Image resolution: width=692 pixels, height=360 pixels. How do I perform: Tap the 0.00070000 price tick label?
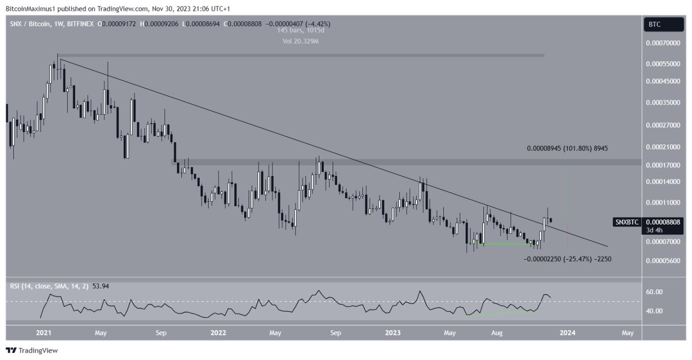tap(663, 44)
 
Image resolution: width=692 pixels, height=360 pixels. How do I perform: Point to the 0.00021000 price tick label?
tap(663, 147)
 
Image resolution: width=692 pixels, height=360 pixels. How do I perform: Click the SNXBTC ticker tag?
tap(627, 223)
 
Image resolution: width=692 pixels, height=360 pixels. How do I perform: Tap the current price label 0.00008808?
tap(663, 223)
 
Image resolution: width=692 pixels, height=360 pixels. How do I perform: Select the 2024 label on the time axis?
tap(567, 333)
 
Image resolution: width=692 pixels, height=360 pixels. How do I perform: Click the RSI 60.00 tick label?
tap(655, 292)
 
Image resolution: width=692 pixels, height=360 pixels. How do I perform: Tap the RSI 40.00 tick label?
tap(655, 311)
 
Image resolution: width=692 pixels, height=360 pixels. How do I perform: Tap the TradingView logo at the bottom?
tap(32, 351)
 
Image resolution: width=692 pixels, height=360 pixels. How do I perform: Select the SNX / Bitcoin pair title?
tap(29, 24)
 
